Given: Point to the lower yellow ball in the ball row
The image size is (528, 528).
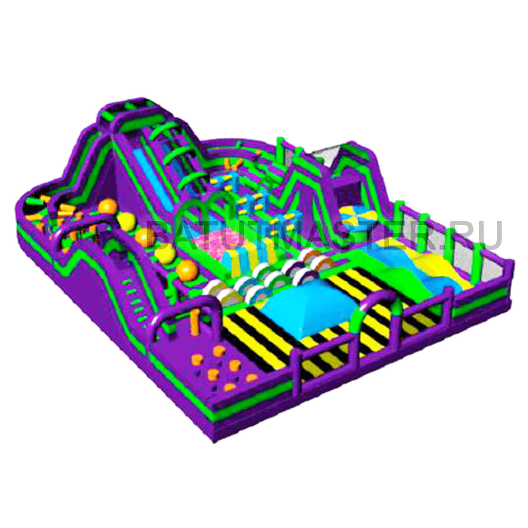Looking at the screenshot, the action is [165, 256].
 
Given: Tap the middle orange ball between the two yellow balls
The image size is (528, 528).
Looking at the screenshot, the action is [145, 238].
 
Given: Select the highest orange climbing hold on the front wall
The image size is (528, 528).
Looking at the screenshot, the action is [219, 351].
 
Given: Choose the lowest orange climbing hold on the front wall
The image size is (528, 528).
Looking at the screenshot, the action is [230, 387].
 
